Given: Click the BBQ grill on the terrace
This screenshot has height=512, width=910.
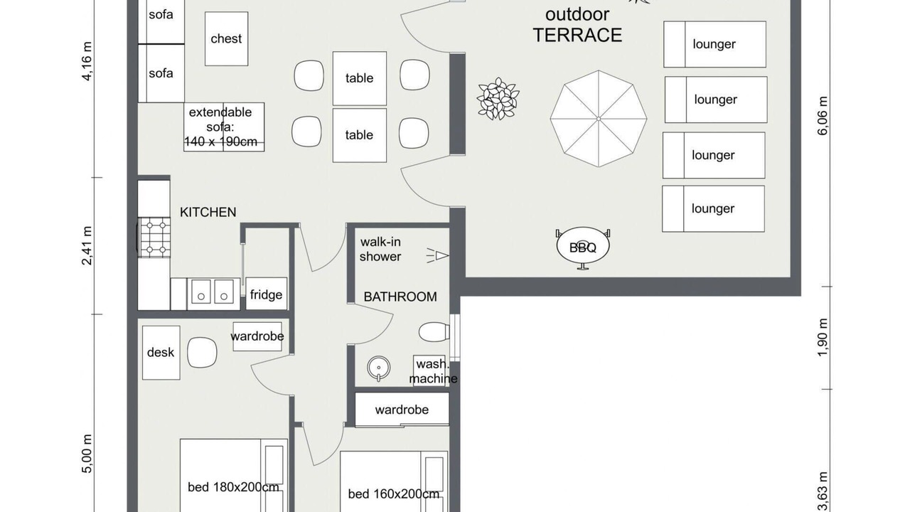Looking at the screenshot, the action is (x=582, y=247).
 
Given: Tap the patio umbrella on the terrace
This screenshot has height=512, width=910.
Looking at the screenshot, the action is (x=599, y=119).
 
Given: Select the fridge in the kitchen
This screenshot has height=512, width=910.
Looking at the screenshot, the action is (x=266, y=294).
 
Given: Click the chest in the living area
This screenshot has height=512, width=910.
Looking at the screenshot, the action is (x=226, y=38).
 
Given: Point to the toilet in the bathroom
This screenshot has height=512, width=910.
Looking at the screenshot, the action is (x=434, y=332).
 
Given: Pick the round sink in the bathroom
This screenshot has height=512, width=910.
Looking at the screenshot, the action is (x=379, y=368).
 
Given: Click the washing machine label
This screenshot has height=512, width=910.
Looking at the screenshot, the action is (x=433, y=371).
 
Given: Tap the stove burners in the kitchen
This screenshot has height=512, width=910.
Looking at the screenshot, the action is (x=154, y=238).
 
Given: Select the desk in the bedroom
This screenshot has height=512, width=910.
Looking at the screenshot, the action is (x=161, y=352).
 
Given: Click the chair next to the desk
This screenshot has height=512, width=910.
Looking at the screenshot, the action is (x=202, y=352).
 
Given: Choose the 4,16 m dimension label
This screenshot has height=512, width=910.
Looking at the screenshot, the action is (x=87, y=61).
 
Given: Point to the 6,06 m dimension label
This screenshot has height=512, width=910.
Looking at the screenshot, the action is (x=823, y=116).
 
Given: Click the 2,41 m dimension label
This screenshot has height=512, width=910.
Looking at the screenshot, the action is (x=87, y=245).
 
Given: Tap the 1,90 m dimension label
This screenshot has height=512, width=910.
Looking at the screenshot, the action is (x=823, y=337).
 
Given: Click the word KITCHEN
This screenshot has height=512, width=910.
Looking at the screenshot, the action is (x=208, y=212).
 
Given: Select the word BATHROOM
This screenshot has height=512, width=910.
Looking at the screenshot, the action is (x=400, y=297).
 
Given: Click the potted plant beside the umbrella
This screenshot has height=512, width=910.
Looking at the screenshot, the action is (x=498, y=99).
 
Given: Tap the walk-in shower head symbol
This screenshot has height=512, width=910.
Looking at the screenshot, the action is (x=438, y=255).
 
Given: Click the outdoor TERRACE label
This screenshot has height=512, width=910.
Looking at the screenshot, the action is (x=577, y=25).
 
